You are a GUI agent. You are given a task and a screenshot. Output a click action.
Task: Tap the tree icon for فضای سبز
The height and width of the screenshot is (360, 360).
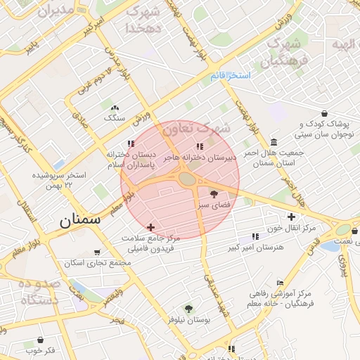(214, 192)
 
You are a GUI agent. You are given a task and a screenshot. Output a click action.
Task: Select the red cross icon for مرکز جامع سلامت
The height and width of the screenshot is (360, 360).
(150, 227)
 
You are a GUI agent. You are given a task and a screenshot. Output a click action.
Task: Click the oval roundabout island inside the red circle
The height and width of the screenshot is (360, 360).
(187, 179)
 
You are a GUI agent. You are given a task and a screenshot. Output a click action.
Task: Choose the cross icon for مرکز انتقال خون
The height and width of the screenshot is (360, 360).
(291, 217)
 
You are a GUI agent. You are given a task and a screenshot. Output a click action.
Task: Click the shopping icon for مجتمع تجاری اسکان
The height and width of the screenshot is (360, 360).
(96, 252)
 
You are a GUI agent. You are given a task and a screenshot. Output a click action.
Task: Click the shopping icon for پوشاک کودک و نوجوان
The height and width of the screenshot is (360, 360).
(323, 113)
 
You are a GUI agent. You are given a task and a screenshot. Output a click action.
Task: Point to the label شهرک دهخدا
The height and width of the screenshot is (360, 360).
(144, 20)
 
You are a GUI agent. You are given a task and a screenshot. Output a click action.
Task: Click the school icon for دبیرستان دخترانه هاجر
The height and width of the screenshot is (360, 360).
(200, 146)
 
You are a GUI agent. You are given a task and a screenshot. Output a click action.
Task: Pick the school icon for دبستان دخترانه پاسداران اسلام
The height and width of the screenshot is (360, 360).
(130, 144)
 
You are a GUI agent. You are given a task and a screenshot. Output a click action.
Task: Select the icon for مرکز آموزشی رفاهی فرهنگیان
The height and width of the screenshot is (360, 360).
(280, 283)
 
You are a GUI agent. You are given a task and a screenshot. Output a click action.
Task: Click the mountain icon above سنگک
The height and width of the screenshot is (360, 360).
(114, 108)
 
